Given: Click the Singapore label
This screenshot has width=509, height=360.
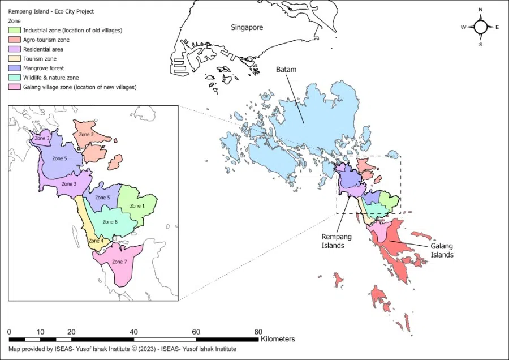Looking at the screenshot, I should (x=247, y=27).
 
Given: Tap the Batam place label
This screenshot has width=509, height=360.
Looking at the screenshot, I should (x=286, y=70).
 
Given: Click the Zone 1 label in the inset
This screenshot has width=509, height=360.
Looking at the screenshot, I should (x=137, y=206).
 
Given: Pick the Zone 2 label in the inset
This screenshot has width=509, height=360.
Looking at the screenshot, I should (x=85, y=135).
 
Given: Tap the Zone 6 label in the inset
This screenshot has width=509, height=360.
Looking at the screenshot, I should (x=110, y=222).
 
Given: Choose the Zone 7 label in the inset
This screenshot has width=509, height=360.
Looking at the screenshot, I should (x=119, y=262).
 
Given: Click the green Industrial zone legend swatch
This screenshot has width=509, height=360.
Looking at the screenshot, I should (x=15, y=30).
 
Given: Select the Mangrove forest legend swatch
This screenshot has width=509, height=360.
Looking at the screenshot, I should (x=15, y=68).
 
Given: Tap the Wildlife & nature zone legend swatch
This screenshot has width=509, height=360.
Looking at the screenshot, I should (x=15, y=78).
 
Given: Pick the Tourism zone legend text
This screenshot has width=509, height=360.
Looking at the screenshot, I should (x=40, y=59).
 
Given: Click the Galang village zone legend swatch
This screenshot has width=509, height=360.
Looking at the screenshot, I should (x=15, y=87).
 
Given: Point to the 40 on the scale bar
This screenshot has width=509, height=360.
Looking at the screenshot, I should (x=133, y=332).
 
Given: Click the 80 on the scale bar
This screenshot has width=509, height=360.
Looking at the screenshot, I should (x=258, y=332).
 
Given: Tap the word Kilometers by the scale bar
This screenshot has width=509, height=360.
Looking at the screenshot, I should (x=278, y=339).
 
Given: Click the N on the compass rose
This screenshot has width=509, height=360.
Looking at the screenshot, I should (x=480, y=10).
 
